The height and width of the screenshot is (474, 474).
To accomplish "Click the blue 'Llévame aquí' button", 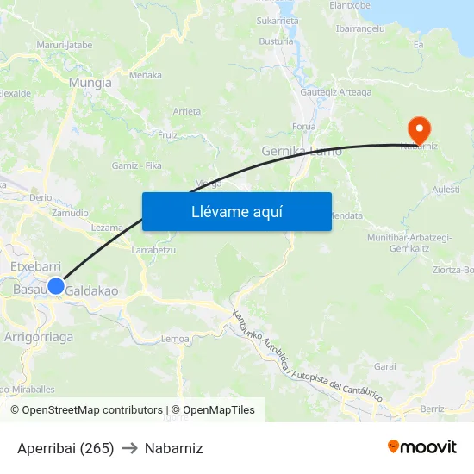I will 236,211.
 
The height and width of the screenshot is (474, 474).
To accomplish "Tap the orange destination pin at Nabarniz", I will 420,131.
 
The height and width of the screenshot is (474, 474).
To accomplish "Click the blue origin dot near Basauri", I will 56,286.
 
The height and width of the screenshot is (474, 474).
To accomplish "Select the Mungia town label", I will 90,83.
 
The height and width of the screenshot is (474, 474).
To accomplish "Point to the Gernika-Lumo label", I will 301,152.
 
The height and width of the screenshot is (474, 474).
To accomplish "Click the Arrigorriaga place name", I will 39,337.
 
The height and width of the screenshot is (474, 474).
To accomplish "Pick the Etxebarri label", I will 34,267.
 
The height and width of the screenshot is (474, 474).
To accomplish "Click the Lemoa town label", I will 175,339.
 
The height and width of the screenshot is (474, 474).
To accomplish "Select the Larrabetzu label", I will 153,250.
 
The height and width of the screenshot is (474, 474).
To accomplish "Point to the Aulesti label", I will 446,190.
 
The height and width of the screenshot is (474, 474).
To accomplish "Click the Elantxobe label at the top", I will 350,5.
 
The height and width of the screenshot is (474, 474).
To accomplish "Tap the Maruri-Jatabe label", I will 65,45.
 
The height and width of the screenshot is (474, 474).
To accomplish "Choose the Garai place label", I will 384,366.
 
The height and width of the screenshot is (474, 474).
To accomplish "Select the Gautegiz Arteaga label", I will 335,93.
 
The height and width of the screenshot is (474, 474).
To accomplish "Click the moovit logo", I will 422,446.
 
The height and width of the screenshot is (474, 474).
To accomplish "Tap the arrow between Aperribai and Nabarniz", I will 129,448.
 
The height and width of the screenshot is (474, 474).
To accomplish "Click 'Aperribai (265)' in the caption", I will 65,448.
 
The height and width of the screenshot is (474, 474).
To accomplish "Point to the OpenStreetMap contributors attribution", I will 87,410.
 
